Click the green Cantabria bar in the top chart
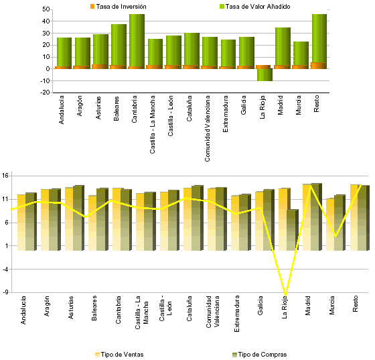click(137, 40)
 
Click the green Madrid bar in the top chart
click(283, 46)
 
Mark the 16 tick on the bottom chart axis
click(5, 176)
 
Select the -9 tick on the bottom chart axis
click(5, 292)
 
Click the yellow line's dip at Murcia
click(334, 237)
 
